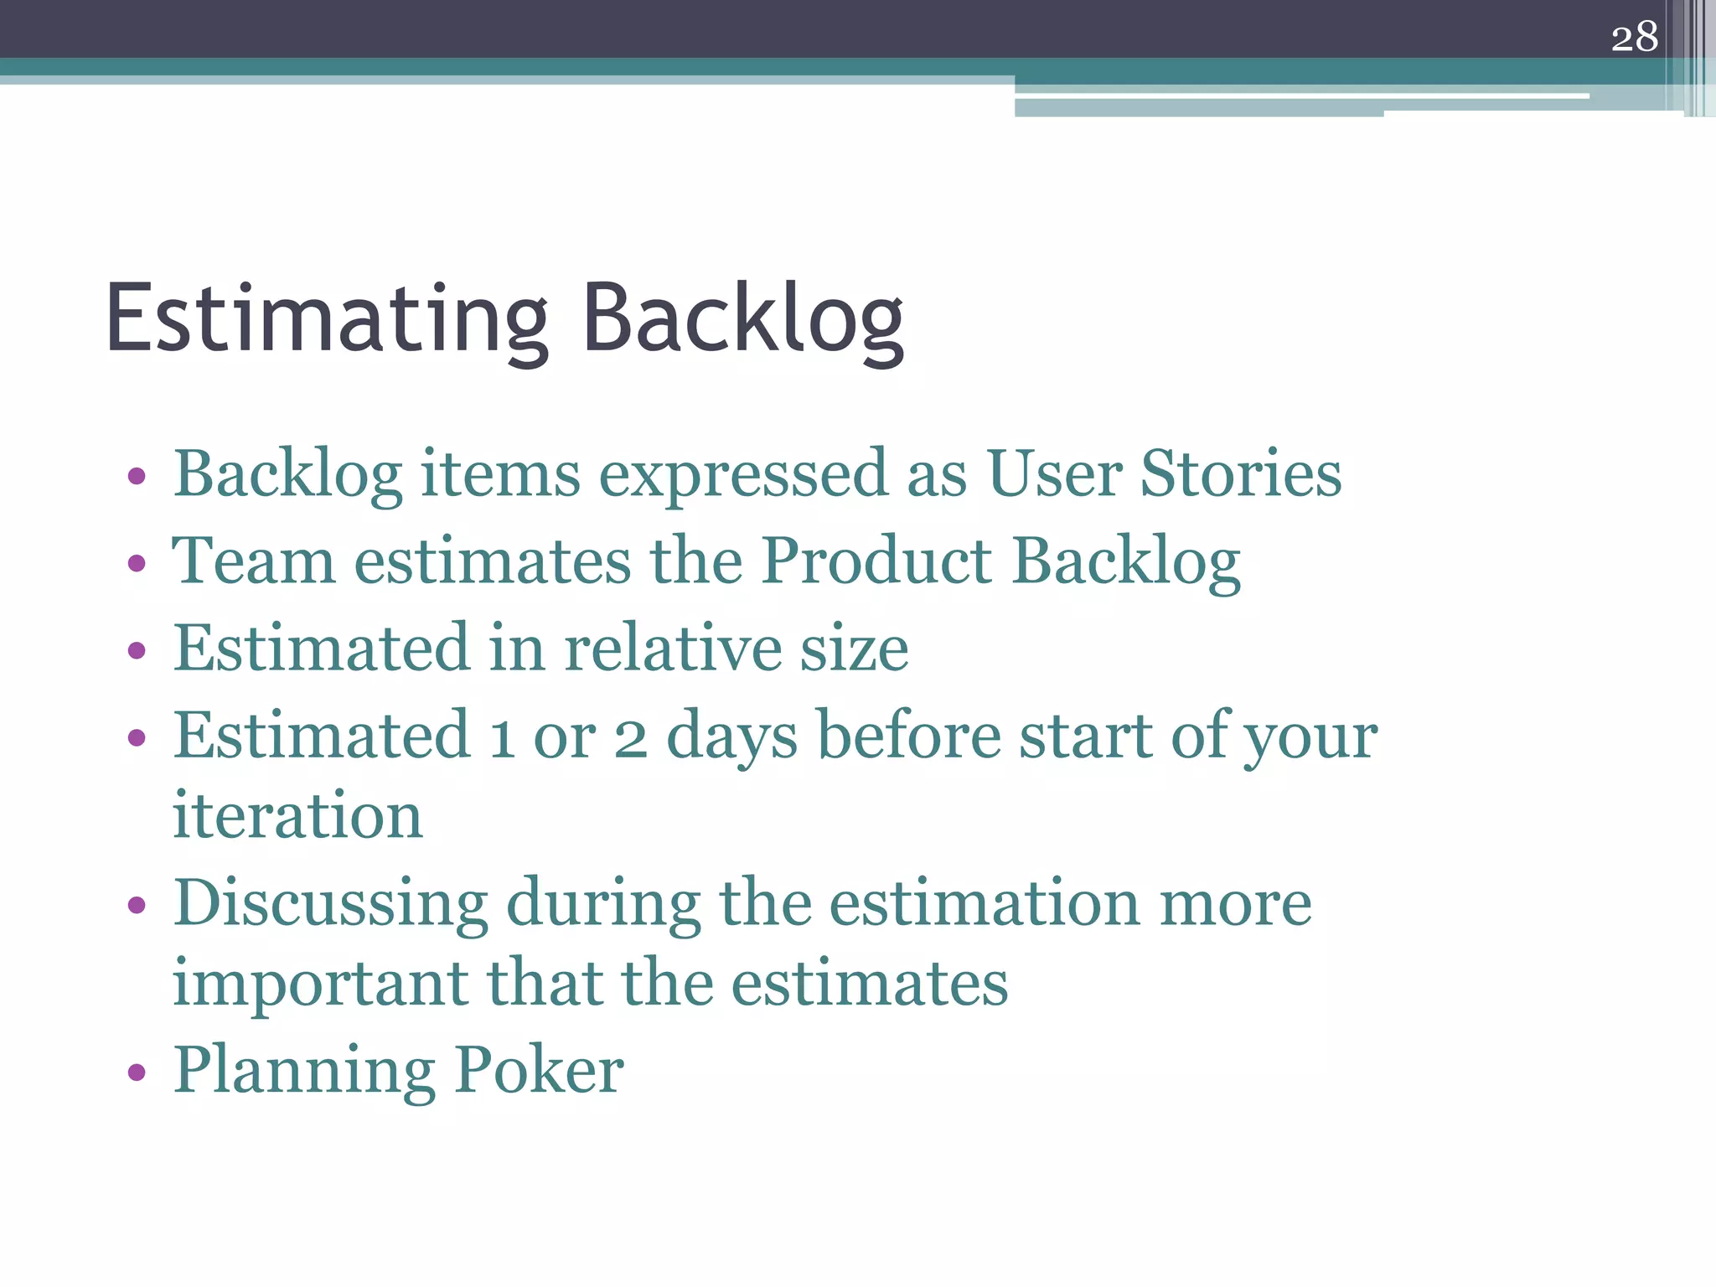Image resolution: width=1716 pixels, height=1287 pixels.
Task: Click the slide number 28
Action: (1634, 38)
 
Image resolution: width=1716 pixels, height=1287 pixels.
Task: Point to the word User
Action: (1054, 474)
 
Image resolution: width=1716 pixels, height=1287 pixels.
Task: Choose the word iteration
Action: (297, 815)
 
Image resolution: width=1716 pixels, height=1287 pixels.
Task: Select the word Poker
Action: (540, 1070)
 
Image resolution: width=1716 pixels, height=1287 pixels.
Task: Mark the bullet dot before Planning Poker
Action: (137, 1072)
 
